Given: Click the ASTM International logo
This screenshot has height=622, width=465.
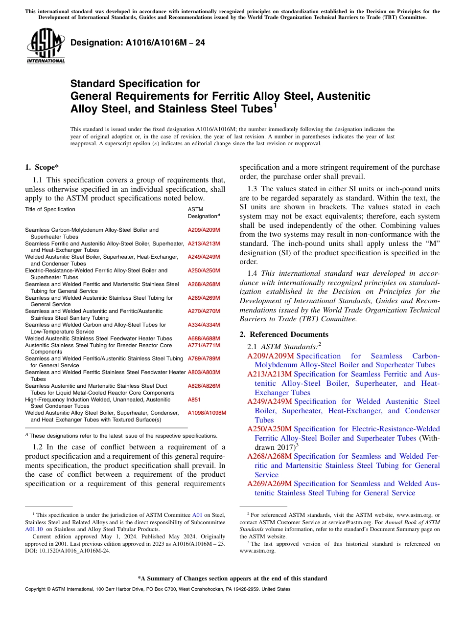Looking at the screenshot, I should point(46,46).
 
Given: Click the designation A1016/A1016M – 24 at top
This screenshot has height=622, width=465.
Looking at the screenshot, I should point(138,43).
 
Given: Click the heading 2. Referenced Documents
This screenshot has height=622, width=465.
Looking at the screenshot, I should point(284,334).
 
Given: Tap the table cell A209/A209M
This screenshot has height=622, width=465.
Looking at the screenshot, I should point(204,230).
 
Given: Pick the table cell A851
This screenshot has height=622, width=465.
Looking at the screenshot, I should point(194,400).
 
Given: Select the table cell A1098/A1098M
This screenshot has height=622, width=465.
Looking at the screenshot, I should point(207,413).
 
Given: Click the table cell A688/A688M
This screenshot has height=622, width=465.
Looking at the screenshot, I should point(204,338).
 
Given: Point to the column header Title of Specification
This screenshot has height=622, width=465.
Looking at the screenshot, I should point(50,209).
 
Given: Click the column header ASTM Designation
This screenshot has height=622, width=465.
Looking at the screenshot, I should point(203,213).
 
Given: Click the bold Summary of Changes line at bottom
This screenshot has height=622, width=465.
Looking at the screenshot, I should point(232,578).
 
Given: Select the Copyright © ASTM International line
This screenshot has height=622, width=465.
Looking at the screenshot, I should point(157,589).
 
